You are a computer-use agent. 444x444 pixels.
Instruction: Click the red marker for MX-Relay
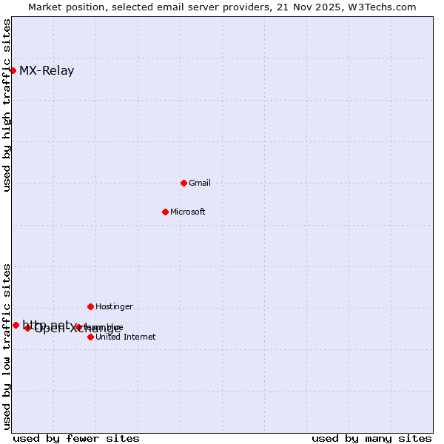click(x=13, y=70)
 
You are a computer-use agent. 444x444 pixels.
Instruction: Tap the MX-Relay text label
click(x=47, y=71)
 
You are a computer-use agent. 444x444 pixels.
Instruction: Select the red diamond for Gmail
click(x=184, y=183)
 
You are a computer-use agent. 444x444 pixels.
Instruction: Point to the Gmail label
click(x=200, y=183)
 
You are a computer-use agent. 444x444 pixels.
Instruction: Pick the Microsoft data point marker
click(x=165, y=212)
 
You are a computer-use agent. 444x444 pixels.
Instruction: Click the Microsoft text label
click(x=188, y=212)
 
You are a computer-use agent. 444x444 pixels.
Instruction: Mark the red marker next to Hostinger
click(x=90, y=306)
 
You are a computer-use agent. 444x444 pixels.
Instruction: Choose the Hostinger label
click(x=114, y=306)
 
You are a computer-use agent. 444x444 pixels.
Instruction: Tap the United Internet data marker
click(x=90, y=337)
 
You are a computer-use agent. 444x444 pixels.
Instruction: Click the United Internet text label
click(x=126, y=337)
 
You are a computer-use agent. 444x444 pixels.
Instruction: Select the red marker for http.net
click(x=16, y=325)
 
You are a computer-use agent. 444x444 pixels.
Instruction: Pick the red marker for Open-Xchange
click(x=27, y=328)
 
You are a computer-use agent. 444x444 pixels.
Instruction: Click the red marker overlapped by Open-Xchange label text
click(x=78, y=327)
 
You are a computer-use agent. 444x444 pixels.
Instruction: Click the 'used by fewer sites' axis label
click(x=76, y=438)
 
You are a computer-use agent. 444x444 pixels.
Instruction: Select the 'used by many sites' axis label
click(x=371, y=438)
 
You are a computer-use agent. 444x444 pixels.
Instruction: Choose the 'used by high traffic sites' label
click(x=7, y=106)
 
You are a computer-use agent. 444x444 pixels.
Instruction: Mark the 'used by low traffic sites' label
click(x=7, y=346)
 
